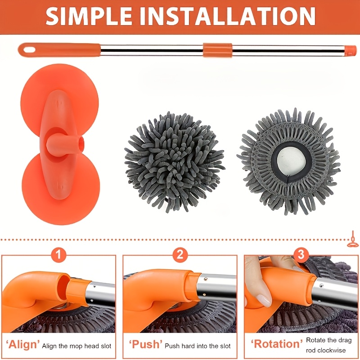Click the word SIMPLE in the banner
[89, 16]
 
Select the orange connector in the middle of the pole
[217, 50]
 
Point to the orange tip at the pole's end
[351, 50]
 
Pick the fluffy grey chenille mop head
[175, 161]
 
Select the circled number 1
[58, 254]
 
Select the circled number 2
[180, 254]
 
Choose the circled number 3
[301, 254]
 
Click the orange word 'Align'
[22, 345]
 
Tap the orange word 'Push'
[145, 344]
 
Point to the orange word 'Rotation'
[277, 344]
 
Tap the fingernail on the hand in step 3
[264, 300]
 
